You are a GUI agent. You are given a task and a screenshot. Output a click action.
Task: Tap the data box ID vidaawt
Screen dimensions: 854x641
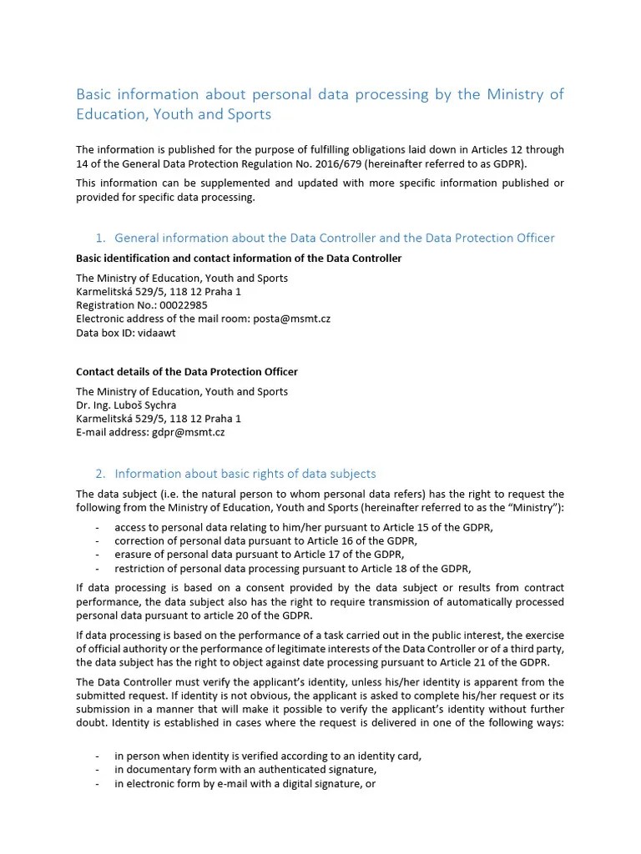click(157, 332)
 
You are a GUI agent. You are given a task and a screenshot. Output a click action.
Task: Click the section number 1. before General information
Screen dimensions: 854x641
click(102, 239)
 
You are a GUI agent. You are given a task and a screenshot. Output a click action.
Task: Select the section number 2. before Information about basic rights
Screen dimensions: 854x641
click(102, 474)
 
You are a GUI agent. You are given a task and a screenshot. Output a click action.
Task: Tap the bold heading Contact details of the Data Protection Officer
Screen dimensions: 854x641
click(186, 372)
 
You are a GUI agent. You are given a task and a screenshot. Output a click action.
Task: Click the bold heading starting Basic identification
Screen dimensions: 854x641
click(238, 259)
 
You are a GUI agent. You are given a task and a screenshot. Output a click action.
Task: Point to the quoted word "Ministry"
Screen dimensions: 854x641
click(534, 508)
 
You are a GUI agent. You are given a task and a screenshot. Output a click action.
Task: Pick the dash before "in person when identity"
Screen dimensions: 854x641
click(98, 756)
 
